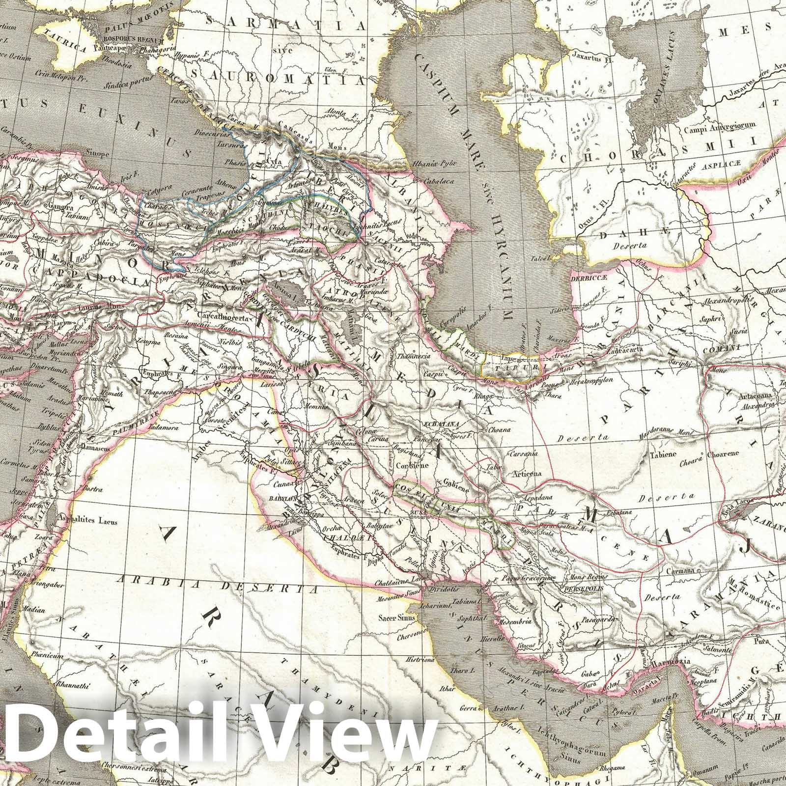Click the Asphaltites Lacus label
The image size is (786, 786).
click(88, 521)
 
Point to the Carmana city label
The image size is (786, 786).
click(682, 570)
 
